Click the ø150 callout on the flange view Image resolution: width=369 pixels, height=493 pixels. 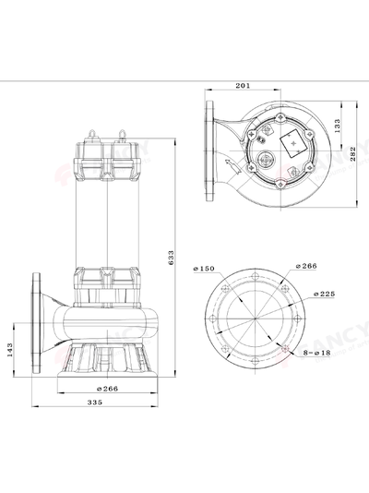204,269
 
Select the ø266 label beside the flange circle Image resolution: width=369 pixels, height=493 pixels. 308,266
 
